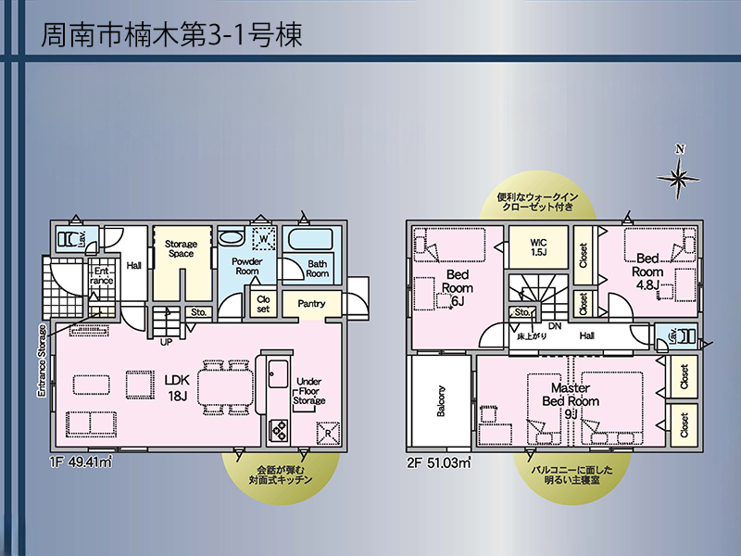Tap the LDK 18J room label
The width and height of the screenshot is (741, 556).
(177, 387)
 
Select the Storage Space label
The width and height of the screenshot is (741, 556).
(181, 248)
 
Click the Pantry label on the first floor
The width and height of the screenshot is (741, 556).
(311, 304)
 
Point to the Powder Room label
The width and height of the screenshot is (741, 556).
(246, 266)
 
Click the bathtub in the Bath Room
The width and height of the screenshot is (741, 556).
(312, 239)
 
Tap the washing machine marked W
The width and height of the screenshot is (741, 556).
(264, 239)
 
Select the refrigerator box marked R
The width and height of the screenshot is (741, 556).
(328, 433)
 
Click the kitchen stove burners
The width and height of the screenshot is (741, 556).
(278, 430)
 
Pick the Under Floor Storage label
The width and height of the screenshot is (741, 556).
(309, 391)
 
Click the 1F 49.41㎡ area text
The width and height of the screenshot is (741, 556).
(81, 461)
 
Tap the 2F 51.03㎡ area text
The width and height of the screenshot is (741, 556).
(439, 462)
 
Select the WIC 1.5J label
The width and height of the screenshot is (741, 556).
(538, 247)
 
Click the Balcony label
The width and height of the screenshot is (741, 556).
(441, 401)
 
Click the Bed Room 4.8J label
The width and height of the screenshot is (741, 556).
(647, 272)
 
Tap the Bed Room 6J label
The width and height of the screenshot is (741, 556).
(457, 288)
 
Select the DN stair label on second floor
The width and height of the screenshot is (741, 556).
(555, 326)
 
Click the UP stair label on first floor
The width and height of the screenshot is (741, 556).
(167, 342)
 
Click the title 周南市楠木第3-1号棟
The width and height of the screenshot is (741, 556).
(171, 35)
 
